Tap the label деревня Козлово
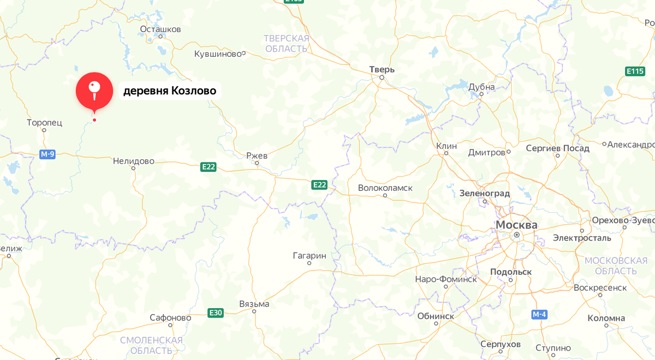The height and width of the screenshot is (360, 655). coord(169,91)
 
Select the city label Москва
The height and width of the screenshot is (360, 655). coord(516,225)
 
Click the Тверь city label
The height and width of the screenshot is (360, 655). coord(382,69)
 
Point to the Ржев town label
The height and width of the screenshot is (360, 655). coord(257,155)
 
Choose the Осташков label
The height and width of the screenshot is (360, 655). coord(160,29)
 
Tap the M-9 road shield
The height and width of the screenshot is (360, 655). coord(47,154)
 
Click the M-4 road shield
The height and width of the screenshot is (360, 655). coord(539,315)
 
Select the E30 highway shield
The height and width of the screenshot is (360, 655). coord(216,313)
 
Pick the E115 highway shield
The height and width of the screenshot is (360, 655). coord(635,71)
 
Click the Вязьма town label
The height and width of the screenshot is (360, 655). coord(254,304)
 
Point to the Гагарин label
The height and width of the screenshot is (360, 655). coord(309,255)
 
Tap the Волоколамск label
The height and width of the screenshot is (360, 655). coord(385,188)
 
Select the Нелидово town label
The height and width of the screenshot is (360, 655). coord(133,161)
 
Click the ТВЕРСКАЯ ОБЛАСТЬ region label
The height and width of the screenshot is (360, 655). coord(287,44)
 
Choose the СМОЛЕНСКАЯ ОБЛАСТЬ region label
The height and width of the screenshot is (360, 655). coord(151,345)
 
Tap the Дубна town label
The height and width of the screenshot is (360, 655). coord(481,87)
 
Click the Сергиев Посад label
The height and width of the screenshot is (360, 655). coord(557,148)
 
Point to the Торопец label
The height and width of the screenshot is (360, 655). coord(45,123)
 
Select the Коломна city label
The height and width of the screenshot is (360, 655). coord(606,318)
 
